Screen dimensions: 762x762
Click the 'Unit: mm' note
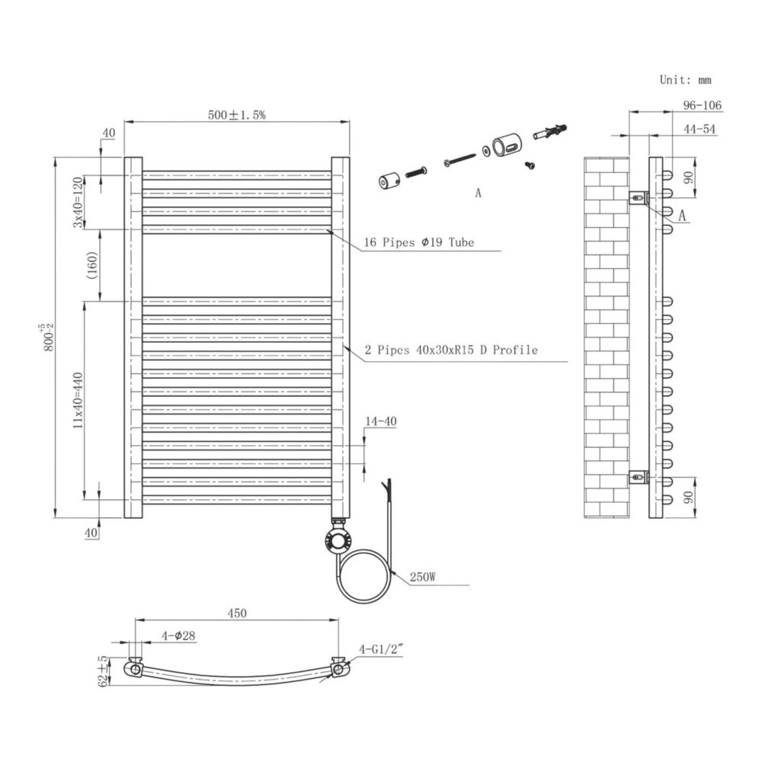[685, 80]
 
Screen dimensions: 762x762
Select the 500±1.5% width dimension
[237, 115]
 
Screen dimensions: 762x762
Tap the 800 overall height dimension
[48, 338]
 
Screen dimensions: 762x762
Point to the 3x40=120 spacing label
[78, 202]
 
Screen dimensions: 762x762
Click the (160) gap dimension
[92, 265]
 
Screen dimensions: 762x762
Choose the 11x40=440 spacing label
[78, 401]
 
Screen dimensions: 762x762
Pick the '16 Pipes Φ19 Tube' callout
[419, 242]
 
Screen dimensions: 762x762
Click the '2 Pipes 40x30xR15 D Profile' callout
[451, 350]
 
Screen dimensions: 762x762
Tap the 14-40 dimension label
[380, 421]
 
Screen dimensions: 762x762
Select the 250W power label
[423, 577]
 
